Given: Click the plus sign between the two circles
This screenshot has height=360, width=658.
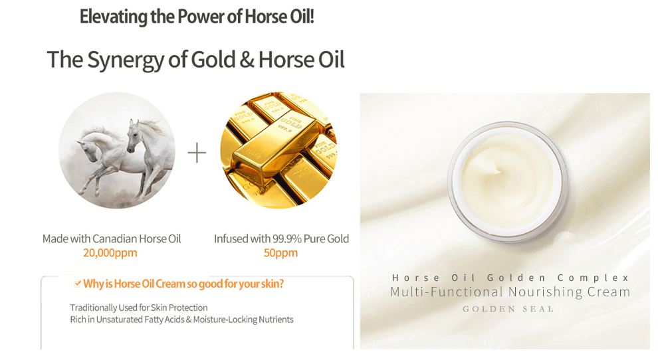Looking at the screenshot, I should (x=197, y=153).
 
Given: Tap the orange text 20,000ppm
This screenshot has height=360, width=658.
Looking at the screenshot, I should (x=110, y=253).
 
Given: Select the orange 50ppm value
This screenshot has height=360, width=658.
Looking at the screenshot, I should (x=280, y=253).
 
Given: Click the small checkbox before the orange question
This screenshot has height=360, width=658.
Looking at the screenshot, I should (x=78, y=284).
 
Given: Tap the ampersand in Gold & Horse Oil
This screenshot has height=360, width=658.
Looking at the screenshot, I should (x=247, y=59).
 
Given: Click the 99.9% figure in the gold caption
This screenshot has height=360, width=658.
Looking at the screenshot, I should (x=287, y=238).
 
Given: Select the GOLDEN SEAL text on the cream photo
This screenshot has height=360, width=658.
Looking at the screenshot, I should (x=508, y=309).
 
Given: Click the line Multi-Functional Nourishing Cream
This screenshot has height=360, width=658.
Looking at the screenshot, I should (x=510, y=292).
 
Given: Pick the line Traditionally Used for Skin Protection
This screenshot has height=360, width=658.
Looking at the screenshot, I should (x=139, y=308).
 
